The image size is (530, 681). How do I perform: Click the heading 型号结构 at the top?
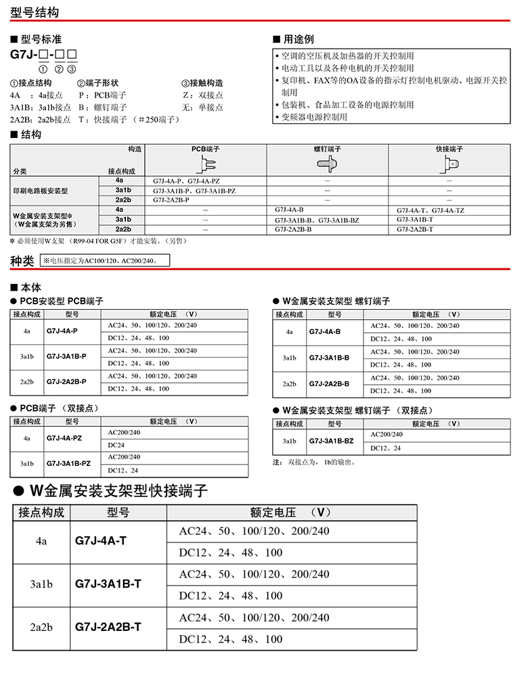[35, 13]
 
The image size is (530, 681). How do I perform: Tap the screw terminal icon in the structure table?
[327, 164]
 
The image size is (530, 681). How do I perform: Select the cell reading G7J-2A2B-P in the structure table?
[171, 200]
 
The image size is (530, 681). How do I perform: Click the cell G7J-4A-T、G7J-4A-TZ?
[430, 210]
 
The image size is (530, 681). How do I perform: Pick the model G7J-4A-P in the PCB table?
[62, 331]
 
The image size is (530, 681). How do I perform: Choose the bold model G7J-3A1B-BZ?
[331, 441]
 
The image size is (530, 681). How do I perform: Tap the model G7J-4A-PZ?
[64, 438]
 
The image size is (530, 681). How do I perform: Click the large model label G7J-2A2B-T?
[108, 627]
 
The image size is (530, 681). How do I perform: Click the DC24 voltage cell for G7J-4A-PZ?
[116, 445]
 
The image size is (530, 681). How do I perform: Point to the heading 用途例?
[298, 39]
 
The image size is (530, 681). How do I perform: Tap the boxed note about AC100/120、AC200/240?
[105, 260]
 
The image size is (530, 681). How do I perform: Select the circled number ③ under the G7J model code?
[72, 69]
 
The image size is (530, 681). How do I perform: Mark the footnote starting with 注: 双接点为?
[314, 463]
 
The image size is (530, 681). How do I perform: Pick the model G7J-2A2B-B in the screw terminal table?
[329, 384]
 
